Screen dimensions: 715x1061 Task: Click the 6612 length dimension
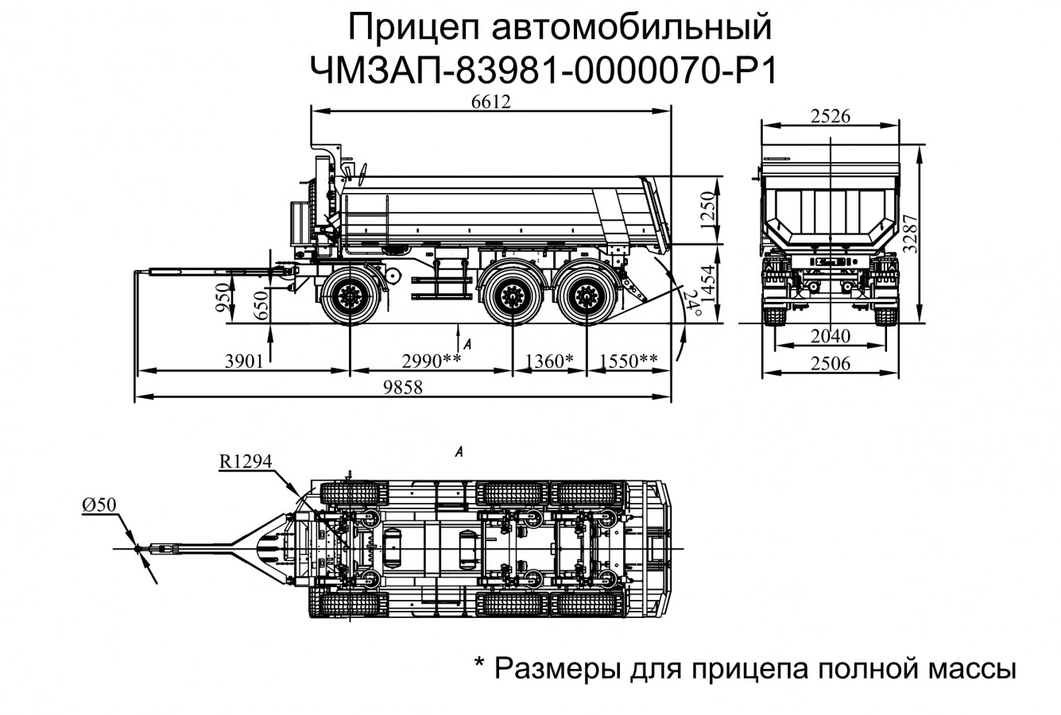click(x=490, y=102)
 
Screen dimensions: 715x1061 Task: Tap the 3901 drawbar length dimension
click(x=243, y=362)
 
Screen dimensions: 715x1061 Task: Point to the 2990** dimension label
click(x=432, y=362)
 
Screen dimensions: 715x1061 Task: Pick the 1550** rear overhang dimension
click(x=629, y=362)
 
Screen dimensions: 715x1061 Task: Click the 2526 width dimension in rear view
click(x=831, y=116)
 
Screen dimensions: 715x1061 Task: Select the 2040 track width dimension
click(x=831, y=335)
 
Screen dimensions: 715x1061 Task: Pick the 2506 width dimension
click(x=831, y=364)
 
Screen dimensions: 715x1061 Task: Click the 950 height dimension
click(x=227, y=297)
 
